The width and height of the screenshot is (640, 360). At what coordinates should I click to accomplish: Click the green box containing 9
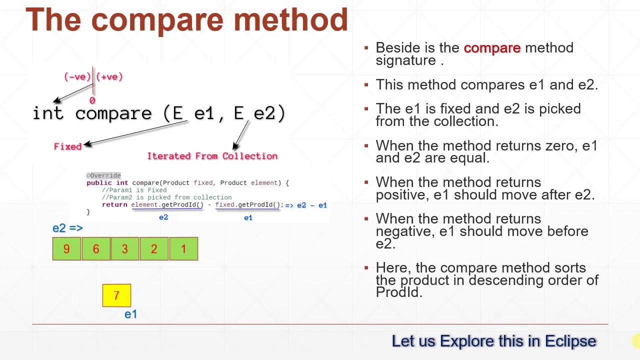(66, 249)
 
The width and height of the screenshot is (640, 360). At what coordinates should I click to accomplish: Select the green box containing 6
(95, 249)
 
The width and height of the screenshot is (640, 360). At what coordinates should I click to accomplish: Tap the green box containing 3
(124, 249)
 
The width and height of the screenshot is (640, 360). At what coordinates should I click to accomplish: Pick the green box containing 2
(154, 249)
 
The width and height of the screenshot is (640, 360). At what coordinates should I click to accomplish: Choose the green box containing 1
(183, 249)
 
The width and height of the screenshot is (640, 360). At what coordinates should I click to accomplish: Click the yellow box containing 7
(116, 295)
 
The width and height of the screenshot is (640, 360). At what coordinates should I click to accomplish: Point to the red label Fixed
(67, 146)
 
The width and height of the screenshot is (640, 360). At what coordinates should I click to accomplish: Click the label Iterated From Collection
(212, 156)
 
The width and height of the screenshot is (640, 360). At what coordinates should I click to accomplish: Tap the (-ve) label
(77, 76)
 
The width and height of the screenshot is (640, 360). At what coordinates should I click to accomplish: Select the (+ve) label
(109, 76)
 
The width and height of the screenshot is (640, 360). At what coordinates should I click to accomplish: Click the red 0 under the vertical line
(92, 101)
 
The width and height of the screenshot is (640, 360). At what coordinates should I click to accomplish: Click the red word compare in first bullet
(492, 48)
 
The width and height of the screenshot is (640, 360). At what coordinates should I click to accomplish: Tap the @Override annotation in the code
(103, 175)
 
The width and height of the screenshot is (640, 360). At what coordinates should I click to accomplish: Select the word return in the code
(114, 205)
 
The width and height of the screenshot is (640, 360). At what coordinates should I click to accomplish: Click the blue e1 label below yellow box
(130, 314)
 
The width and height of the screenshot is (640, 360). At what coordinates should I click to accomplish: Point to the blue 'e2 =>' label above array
(67, 228)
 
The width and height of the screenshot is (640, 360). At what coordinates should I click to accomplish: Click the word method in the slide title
(290, 20)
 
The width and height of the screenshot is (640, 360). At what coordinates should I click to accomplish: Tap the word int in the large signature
(48, 113)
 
